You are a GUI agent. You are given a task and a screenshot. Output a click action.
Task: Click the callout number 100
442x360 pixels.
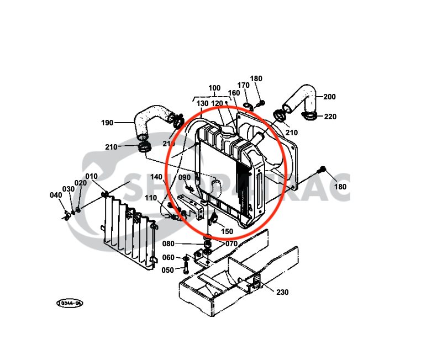click(214, 88)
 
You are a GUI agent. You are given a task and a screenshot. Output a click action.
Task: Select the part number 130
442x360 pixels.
click(202, 103)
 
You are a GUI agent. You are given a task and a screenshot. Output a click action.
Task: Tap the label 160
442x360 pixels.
click(234, 93)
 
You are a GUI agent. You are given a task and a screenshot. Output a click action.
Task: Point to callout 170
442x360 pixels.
click(244, 85)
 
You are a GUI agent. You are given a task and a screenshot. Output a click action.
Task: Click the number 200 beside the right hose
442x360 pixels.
click(329, 97)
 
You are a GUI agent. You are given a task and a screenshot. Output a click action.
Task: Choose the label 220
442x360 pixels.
click(330, 117)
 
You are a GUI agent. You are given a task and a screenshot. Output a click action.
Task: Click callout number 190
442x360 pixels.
click(107, 122)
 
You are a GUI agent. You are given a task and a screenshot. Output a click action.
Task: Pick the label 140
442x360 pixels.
click(156, 177)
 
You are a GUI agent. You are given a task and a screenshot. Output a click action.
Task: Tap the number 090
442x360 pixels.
click(184, 177)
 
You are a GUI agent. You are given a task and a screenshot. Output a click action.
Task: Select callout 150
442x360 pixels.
click(227, 231)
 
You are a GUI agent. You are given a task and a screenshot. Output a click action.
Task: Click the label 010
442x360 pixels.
click(91, 176)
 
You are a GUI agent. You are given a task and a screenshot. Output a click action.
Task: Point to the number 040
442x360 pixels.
click(56, 195)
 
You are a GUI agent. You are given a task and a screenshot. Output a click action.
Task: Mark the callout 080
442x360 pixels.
click(168, 243)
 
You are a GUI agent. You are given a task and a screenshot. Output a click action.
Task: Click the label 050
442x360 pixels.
click(168, 269)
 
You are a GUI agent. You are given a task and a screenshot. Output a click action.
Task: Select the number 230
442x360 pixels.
click(282, 292)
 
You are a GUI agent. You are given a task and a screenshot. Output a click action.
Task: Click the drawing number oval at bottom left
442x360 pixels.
click(70, 303)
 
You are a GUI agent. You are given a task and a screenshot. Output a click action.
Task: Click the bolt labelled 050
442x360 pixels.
click(185, 268)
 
